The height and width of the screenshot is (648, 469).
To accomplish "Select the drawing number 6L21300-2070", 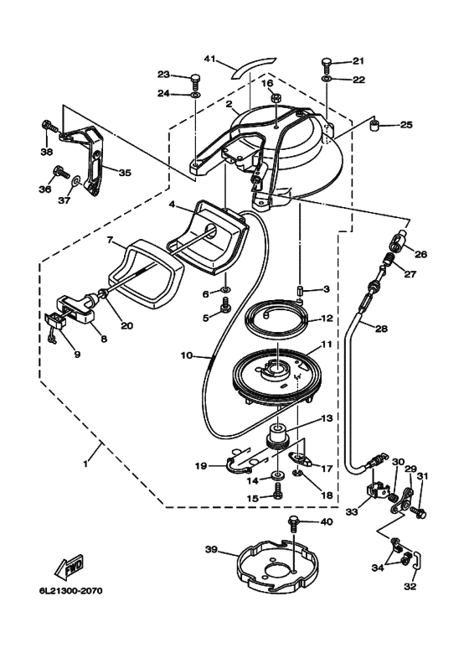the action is (x=70, y=590).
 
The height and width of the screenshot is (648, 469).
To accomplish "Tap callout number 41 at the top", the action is (x=210, y=59).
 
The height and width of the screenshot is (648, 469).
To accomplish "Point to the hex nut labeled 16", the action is (x=276, y=99).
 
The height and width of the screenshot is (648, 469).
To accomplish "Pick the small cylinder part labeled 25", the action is (x=374, y=125).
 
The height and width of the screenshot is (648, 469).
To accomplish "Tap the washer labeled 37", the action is (x=76, y=181).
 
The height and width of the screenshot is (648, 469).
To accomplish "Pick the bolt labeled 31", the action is (x=419, y=513).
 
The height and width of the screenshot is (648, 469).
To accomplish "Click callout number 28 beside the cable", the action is (x=381, y=329).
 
